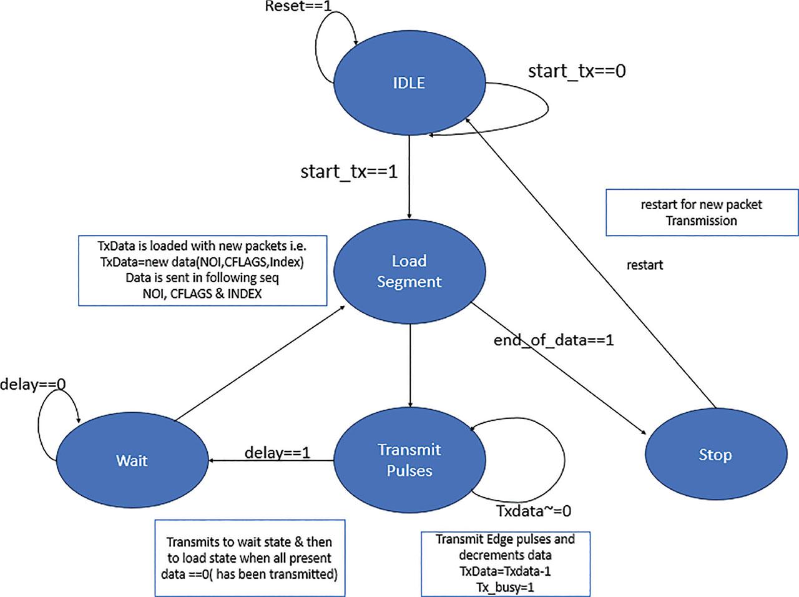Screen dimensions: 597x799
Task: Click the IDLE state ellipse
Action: (x=409, y=82)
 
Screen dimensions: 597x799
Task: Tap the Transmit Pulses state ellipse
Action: (x=409, y=460)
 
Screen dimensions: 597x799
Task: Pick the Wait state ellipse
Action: (x=132, y=460)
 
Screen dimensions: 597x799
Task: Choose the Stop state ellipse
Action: (x=714, y=455)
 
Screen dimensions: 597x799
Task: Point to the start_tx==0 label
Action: (x=576, y=71)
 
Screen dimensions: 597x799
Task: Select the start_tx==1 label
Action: (x=349, y=172)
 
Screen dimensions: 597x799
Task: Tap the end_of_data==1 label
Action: (x=554, y=340)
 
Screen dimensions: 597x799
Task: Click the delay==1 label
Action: (x=277, y=452)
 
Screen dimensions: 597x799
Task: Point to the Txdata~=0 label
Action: (x=534, y=511)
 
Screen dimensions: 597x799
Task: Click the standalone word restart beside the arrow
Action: (x=644, y=265)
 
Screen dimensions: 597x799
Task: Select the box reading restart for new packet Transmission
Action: (x=702, y=213)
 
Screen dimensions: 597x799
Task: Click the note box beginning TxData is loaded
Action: (x=203, y=270)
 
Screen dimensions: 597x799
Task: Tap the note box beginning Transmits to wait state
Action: (x=250, y=558)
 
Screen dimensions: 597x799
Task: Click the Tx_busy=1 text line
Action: (x=505, y=587)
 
